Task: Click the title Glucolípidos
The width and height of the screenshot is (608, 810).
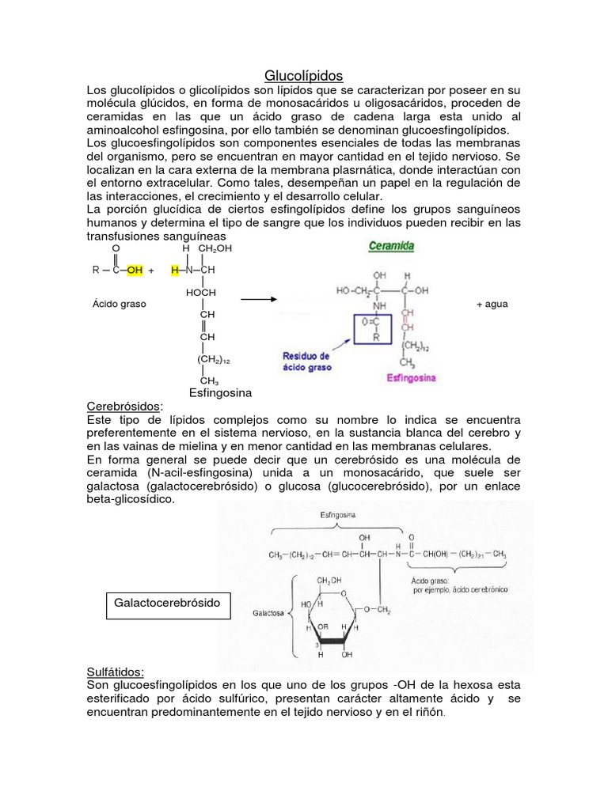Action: click(303, 76)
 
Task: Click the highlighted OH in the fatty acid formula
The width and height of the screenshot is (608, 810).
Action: click(134, 270)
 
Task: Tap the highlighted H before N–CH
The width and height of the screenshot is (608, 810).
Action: click(175, 270)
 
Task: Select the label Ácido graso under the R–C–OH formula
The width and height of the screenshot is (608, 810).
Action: click(119, 304)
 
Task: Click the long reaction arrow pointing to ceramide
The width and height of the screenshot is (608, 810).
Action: click(257, 300)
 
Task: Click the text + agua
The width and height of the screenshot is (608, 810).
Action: click(492, 304)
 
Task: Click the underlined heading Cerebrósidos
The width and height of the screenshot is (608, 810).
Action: click(123, 406)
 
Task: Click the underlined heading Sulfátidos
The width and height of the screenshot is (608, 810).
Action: click(116, 672)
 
